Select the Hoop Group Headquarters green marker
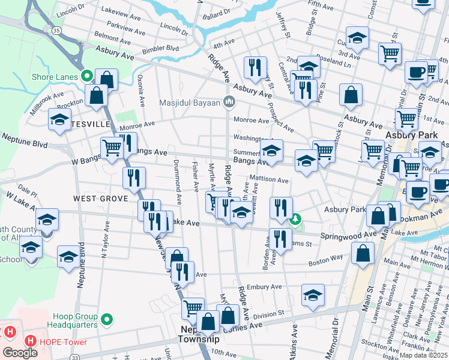click(107, 318)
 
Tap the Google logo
click(20, 352)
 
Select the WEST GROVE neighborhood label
click(101, 198)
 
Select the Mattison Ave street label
click(270, 179)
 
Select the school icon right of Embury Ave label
click(313, 295)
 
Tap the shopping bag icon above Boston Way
click(363, 253)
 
